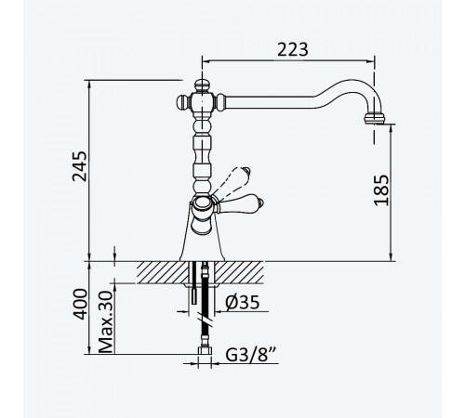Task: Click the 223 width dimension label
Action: point(293,50)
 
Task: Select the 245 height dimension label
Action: point(79,166)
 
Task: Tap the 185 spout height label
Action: point(381,190)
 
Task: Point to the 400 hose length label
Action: point(79,304)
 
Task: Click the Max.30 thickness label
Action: point(106,321)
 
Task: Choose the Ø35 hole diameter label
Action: point(242,302)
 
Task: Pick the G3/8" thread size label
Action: point(251,355)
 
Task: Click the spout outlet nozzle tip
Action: point(374,119)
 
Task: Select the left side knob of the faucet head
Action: point(183,102)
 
